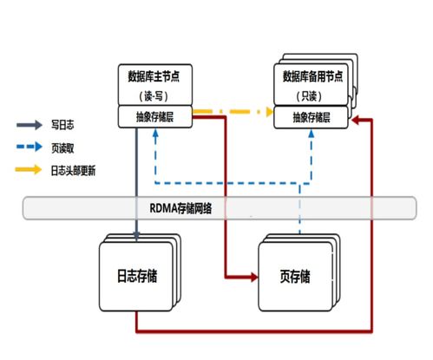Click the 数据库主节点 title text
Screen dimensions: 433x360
click(154, 76)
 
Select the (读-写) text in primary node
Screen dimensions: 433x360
click(154, 95)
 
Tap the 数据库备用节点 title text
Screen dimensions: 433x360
click(312, 76)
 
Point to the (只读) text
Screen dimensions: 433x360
click(309, 96)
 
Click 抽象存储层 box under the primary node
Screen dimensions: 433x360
click(155, 117)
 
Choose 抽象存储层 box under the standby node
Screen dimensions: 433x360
click(311, 117)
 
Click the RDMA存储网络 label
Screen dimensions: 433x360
click(180, 208)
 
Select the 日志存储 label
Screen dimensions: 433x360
click(137, 276)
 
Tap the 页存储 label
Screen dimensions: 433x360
click(295, 276)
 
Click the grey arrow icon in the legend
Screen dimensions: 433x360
click(30, 125)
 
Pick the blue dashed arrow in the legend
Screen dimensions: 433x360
click(30, 147)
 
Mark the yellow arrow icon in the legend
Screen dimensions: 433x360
click(29, 169)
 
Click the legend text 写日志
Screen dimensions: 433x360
click(62, 125)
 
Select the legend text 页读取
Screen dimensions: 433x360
click(62, 148)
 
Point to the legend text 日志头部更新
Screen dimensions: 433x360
click(73, 171)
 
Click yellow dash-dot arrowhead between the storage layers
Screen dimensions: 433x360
click(270, 112)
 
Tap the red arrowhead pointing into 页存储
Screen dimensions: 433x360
click(254, 277)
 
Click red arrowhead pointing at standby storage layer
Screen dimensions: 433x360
click(355, 120)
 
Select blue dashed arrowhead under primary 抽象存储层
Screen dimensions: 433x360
click(155, 133)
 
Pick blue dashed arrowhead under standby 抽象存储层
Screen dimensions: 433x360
click(312, 133)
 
